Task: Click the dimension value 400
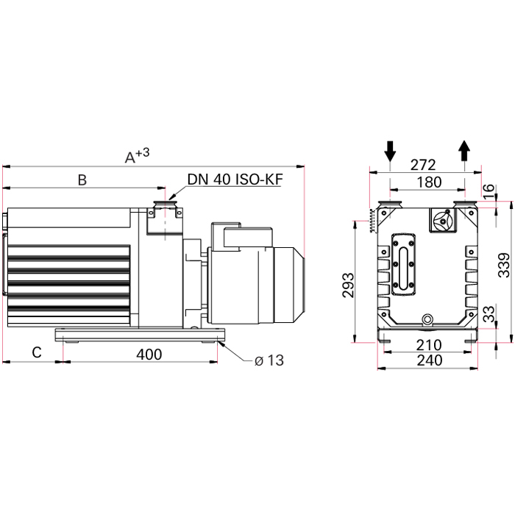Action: click(x=149, y=355)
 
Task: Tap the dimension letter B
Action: click(x=82, y=180)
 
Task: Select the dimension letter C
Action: click(x=37, y=352)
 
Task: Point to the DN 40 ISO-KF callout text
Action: click(x=235, y=180)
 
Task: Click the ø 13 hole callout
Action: click(x=269, y=360)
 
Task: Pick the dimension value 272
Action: click(x=423, y=165)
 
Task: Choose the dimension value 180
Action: click(x=429, y=182)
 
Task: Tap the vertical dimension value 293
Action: click(x=349, y=285)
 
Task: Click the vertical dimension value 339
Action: click(x=504, y=265)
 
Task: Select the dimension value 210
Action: click(x=429, y=345)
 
